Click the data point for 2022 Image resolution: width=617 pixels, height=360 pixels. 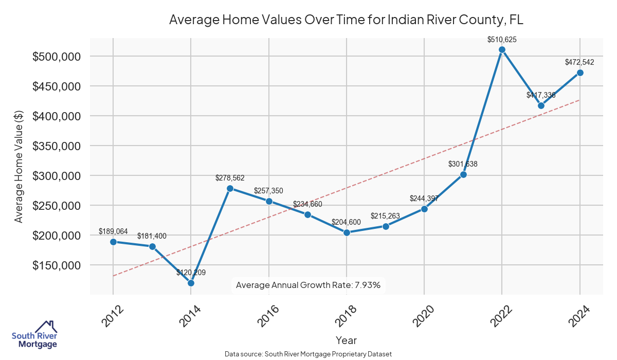502,50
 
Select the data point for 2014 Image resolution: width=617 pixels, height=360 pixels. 191,283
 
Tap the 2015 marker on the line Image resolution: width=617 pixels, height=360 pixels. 230,188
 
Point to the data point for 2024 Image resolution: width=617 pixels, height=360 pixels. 580,73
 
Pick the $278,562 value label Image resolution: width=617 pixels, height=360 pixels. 230,178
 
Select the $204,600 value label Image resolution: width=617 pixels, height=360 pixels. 346,222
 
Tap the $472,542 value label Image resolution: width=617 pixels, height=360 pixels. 579,62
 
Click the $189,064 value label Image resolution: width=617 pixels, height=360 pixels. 113,231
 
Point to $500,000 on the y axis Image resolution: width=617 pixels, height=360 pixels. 56,56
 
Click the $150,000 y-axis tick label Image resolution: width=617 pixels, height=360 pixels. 56,265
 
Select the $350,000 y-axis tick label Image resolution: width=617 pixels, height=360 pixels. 56,146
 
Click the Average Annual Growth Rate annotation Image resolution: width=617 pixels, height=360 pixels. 308,285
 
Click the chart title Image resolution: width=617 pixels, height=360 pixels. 346,20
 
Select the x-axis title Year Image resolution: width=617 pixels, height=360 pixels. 346,340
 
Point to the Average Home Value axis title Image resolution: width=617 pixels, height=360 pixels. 19,166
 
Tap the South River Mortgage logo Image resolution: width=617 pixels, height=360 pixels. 34,335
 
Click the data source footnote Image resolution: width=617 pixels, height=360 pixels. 308,354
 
